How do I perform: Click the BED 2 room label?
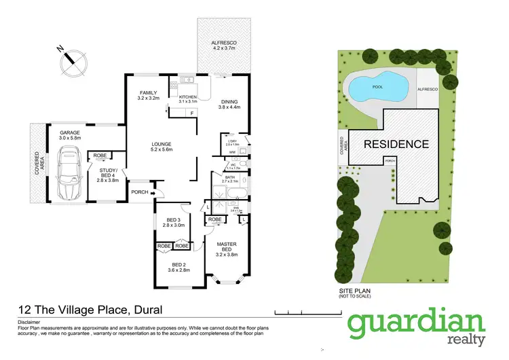(178, 266)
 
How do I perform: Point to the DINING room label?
(229, 102)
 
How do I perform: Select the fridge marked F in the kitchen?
(192, 113)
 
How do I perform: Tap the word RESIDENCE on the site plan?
(396, 144)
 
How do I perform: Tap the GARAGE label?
(70, 134)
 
